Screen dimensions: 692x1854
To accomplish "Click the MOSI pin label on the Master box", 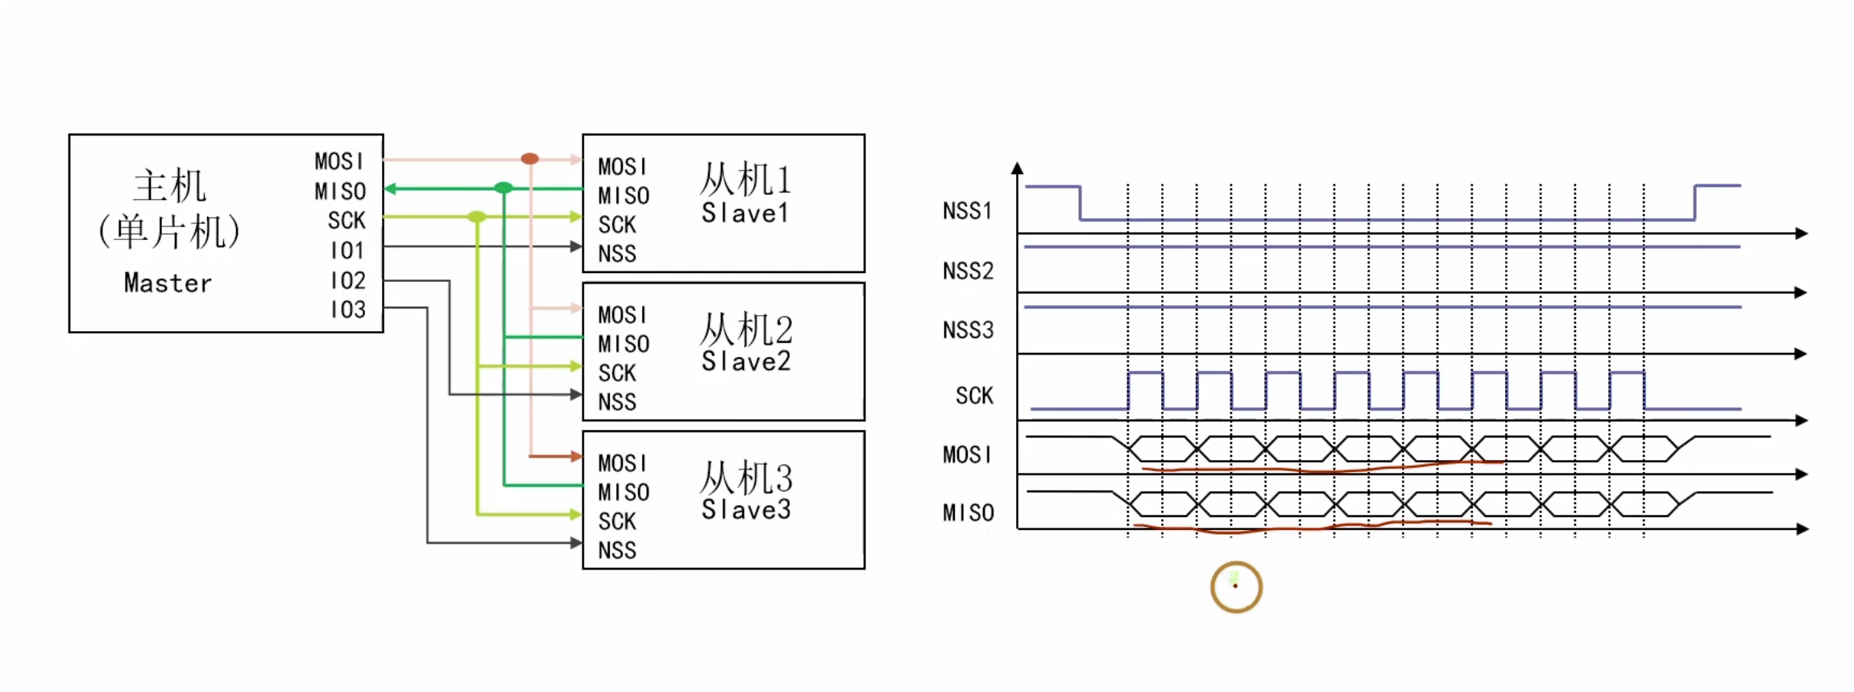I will (339, 161).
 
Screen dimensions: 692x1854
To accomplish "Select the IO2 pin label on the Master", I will (348, 280).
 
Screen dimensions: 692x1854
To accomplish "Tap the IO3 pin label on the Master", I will (348, 309).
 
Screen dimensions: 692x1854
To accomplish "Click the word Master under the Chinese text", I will (168, 283).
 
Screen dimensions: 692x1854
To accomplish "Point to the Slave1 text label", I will (745, 213).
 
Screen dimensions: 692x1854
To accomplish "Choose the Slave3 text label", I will (746, 509).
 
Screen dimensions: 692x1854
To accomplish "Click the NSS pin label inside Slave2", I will (617, 401).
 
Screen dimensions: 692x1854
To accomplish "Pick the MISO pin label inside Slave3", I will (624, 492).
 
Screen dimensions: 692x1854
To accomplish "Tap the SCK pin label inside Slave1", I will (617, 225).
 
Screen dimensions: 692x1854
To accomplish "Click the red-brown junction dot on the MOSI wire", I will (529, 159).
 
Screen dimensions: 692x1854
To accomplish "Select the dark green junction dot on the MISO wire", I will (504, 189).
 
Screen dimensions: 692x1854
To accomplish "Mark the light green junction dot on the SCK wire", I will (477, 217).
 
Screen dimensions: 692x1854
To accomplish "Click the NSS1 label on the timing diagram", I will (967, 211).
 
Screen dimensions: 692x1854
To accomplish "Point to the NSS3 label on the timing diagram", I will (968, 330).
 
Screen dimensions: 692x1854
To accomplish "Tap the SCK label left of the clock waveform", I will (974, 396).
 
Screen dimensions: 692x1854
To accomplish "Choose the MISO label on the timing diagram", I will (968, 512).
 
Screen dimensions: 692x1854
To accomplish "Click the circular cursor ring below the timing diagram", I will (1236, 586).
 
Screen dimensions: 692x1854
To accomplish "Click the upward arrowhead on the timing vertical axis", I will (1018, 168).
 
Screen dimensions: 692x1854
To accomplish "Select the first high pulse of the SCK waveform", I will (1145, 375).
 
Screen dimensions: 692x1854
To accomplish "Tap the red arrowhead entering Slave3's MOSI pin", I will (576, 457).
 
